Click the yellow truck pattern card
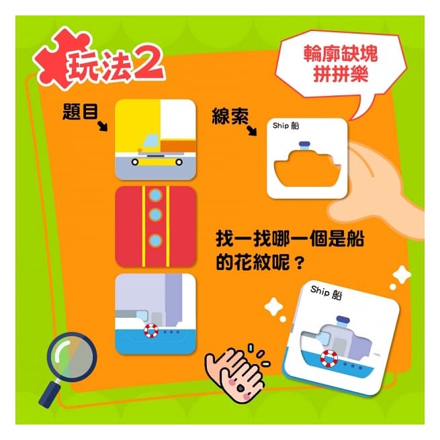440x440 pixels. click(155, 140)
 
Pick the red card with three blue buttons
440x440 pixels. click(155, 226)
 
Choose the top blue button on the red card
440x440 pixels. click(156, 196)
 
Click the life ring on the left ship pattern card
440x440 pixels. click(150, 331)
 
